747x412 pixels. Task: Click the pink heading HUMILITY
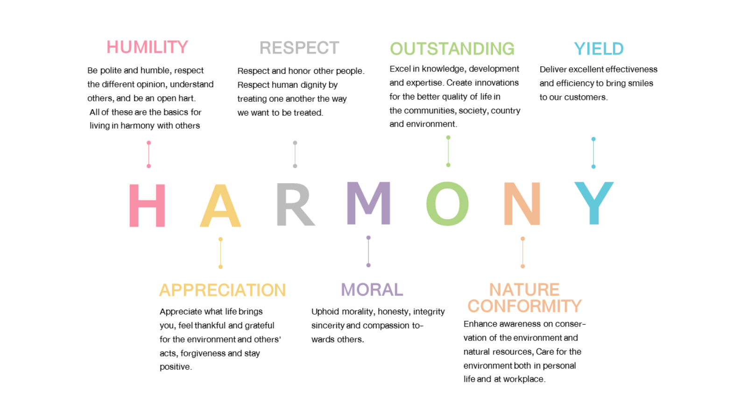147,47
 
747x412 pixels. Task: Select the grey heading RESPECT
299,48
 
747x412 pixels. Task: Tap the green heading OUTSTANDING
452,49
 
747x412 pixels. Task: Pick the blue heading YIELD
599,49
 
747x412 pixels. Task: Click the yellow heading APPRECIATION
222,290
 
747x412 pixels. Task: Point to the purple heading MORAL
372,290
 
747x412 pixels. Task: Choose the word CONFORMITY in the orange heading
524,306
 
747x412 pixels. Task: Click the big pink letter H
147,205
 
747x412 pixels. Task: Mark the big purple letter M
368,203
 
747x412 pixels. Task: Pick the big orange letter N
522,204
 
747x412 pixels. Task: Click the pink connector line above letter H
149,155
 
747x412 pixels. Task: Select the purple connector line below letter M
368,251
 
